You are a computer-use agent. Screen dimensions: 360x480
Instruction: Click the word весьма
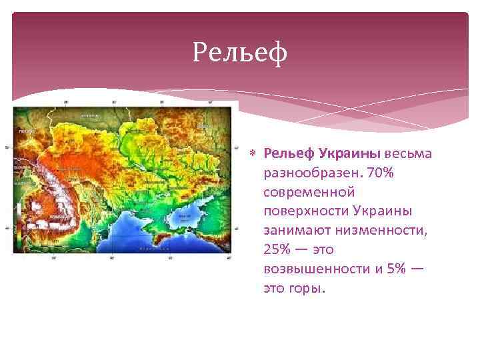408,154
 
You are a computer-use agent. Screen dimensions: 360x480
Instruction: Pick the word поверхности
303,211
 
